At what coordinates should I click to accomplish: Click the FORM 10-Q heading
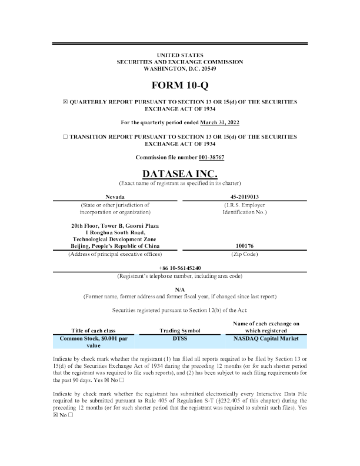179,85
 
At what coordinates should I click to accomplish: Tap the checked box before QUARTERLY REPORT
65,102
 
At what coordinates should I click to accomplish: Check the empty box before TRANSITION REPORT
65,136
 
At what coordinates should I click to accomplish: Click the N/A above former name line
180,288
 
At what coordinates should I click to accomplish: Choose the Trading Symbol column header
180,331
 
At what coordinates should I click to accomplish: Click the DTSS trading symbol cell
180,339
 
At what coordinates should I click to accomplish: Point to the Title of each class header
94,331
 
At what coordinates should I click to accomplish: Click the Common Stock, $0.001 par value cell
94,342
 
